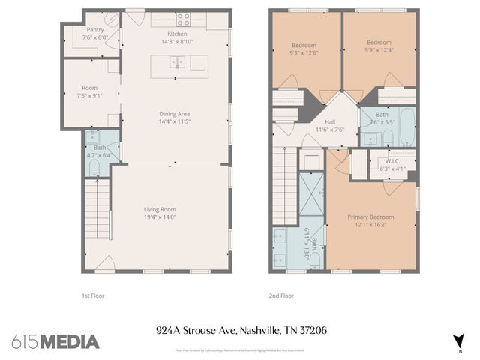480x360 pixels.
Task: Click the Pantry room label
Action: (94, 33)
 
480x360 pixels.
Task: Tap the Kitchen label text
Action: (177, 38)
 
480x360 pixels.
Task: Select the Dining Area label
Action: (174, 117)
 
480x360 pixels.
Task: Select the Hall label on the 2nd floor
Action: (329, 125)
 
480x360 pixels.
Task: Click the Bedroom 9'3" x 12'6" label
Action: (303, 49)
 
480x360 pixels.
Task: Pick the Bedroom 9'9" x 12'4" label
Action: (379, 46)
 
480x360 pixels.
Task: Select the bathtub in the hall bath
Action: (404, 127)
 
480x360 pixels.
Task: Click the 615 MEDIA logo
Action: (55, 341)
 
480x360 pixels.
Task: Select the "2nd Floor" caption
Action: (280, 295)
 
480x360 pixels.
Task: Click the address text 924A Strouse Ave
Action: (196, 330)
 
